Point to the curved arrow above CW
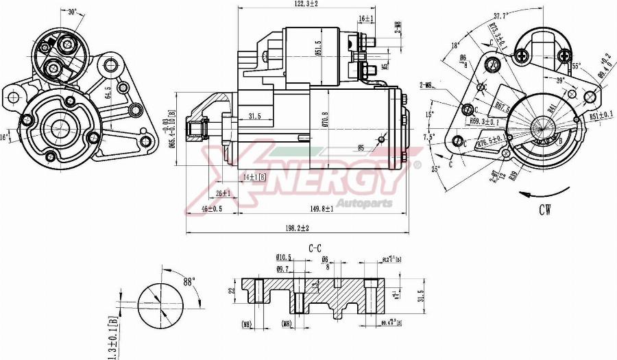[x=545, y=191]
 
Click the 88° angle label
[x=188, y=280]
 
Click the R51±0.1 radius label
[x=601, y=117]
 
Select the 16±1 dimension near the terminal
[x=365, y=19]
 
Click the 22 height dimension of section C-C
[x=232, y=290]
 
